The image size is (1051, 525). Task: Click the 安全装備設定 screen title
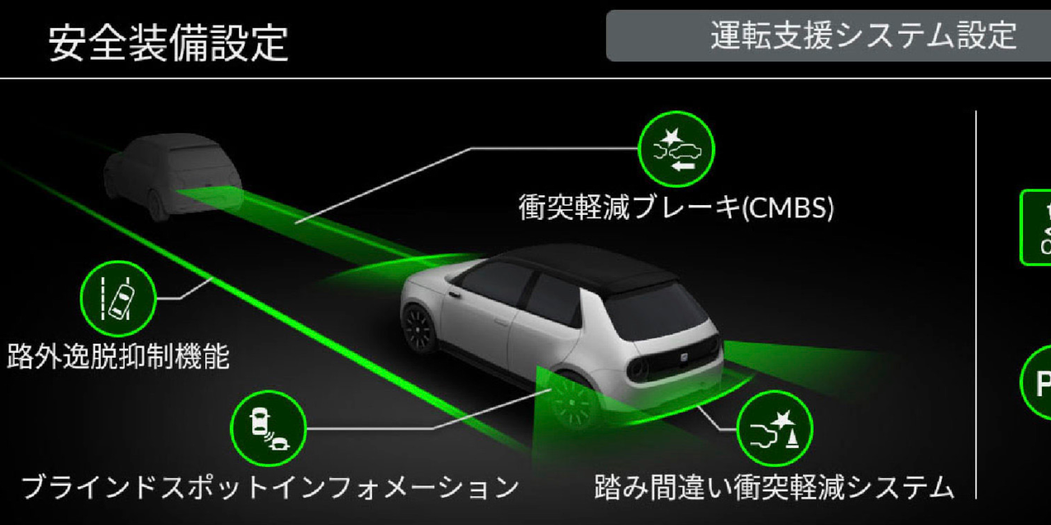(168, 42)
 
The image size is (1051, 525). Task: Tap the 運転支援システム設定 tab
(862, 36)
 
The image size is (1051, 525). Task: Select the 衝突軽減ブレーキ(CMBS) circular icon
(677, 149)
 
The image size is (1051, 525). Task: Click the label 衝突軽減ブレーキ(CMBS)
(676, 208)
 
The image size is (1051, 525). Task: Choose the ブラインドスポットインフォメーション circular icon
(268, 427)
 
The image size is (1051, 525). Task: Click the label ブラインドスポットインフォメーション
(269, 487)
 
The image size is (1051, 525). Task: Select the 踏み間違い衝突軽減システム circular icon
(774, 429)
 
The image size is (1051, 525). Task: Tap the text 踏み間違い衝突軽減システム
(774, 487)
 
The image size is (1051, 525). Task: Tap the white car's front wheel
(420, 327)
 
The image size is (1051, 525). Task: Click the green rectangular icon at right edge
(1035, 228)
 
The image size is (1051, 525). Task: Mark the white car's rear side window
(550, 299)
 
